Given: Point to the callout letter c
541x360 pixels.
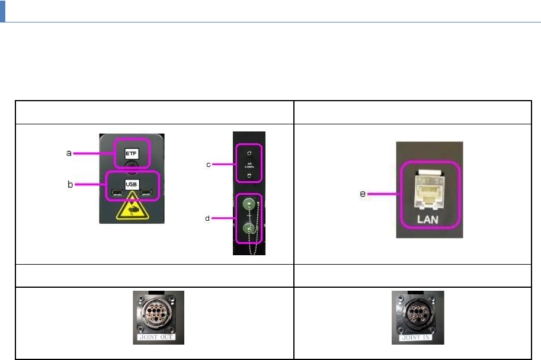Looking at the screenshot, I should pyautogui.click(x=208, y=164).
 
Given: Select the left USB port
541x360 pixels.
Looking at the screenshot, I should pyautogui.click(x=116, y=192).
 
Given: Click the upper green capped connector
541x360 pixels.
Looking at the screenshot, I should pyautogui.click(x=249, y=204).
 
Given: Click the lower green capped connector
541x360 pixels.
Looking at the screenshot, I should pyautogui.click(x=249, y=228).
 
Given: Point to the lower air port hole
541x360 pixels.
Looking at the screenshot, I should pyautogui.click(x=249, y=176).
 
